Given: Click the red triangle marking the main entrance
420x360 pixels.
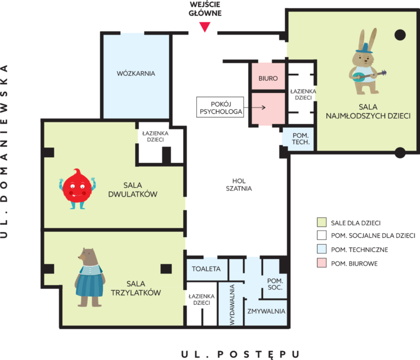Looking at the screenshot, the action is point(205,27).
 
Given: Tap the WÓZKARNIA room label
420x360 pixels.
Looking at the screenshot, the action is point(136,73).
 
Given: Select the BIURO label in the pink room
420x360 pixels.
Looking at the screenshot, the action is point(268,79).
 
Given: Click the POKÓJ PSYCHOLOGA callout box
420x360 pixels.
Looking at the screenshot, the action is point(220,107).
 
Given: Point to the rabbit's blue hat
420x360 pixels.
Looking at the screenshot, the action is point(364,48).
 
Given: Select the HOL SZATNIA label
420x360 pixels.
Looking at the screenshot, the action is point(238,185).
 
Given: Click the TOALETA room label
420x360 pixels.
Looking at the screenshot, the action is point(206,269).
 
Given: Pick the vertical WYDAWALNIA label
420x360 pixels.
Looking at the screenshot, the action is point(232,305).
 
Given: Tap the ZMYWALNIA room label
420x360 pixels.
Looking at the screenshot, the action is point(266,311).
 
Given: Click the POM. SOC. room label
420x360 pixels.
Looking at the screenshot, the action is point(275,284).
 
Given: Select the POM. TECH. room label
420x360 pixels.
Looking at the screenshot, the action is point(301,139).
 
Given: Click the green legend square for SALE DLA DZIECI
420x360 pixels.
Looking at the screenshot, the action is point(322,222).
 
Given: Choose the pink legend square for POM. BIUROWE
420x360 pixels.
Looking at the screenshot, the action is point(322,263).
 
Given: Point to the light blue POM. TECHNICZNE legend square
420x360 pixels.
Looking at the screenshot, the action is point(322,249).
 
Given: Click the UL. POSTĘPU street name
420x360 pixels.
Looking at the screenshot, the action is point(240,354).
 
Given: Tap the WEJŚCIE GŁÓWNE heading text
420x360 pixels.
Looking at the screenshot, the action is point(205,9).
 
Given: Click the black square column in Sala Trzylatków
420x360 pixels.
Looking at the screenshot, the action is point(166,269).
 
